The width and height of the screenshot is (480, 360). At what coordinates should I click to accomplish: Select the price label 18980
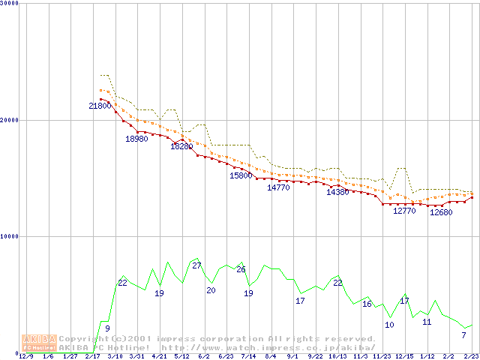point(136,139)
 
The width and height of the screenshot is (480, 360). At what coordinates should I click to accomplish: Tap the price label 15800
point(241,175)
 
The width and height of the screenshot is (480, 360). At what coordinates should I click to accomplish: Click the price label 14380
point(337,192)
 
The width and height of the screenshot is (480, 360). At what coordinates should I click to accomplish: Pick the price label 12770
point(404,211)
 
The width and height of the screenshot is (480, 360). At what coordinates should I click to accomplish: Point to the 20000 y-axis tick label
point(10,120)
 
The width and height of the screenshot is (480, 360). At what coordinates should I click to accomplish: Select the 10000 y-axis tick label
point(10,236)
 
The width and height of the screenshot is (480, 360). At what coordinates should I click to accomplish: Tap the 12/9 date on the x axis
point(26,356)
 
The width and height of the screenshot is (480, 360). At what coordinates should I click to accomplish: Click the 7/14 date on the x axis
point(248,356)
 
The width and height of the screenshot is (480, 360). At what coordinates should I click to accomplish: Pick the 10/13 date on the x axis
point(337,356)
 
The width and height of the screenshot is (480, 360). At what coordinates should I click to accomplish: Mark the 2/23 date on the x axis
point(471,356)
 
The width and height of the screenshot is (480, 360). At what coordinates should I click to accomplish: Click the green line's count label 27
point(196,265)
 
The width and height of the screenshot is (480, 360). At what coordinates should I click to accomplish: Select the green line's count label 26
point(241,269)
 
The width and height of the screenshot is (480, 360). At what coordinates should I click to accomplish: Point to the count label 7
point(463,334)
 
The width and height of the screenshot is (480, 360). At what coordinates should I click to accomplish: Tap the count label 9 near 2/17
point(107,328)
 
